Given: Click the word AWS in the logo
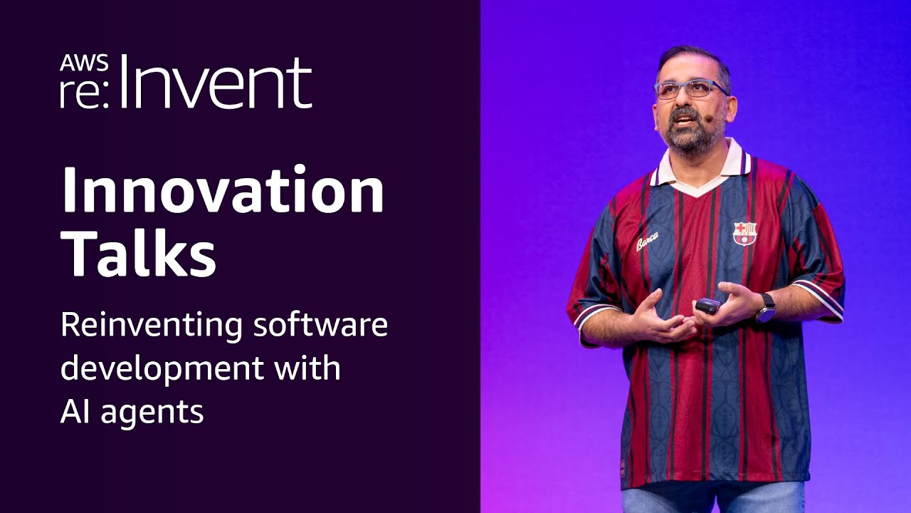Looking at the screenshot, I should pyautogui.click(x=84, y=63).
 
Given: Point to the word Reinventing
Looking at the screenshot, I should pyautogui.click(x=149, y=326).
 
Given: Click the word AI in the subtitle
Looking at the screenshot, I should pyautogui.click(x=76, y=411).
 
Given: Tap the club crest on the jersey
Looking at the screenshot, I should pyautogui.click(x=744, y=232).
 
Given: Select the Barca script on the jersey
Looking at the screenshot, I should pyautogui.click(x=647, y=242).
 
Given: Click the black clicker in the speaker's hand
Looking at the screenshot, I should pyautogui.click(x=708, y=305).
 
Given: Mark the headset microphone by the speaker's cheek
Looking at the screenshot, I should pyautogui.click(x=709, y=120).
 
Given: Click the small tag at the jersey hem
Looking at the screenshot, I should pyautogui.click(x=624, y=467).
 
